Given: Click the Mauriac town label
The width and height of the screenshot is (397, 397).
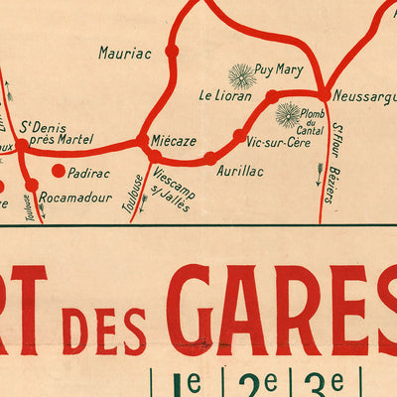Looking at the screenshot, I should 124,53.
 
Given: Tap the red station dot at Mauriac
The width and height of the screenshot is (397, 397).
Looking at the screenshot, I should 172,50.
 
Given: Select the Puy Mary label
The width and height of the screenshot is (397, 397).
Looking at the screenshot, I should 279,68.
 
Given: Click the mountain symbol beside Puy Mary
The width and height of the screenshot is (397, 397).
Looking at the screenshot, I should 241,75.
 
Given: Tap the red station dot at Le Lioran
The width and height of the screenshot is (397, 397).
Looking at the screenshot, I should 271,95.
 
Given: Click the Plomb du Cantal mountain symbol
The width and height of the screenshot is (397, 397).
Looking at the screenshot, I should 288,115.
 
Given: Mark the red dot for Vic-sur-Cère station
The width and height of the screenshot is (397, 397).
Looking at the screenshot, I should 239,135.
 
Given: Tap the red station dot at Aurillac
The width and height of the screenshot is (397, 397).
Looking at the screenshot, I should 209,158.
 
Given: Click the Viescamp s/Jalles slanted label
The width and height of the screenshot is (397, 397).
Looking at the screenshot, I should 175,186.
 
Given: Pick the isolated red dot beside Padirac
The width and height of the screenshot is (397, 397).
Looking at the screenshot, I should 58,171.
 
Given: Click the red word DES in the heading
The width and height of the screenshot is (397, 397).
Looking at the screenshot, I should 104,330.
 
